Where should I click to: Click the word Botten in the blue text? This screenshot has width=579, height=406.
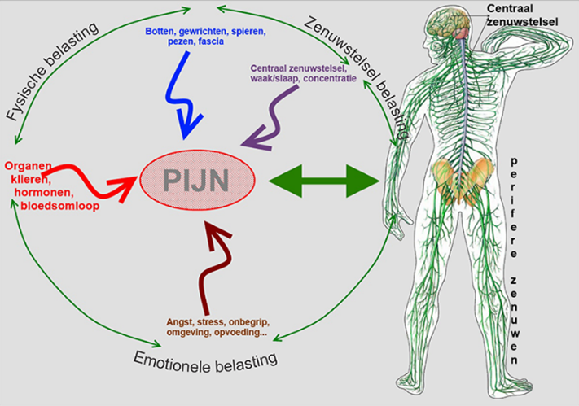click(160, 31)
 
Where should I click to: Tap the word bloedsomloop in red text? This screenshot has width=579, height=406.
click(49, 206)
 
